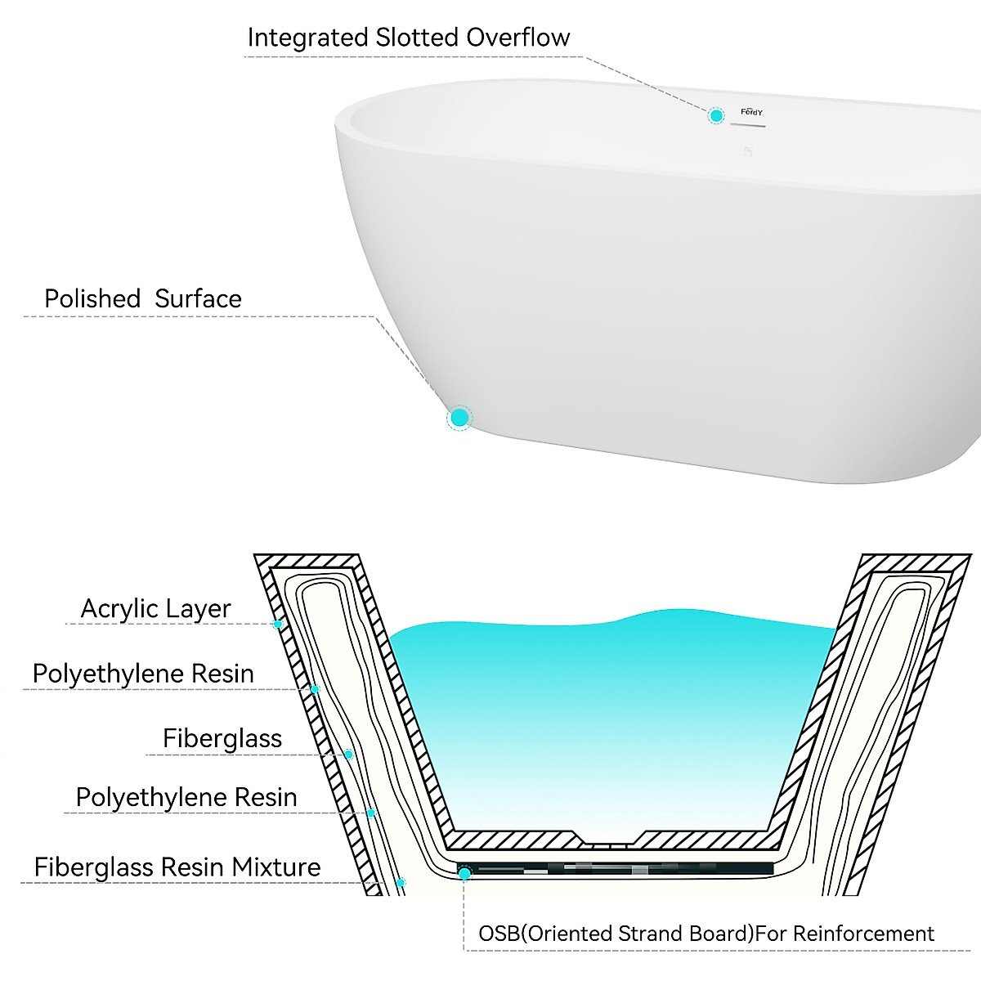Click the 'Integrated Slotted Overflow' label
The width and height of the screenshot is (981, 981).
(x=408, y=38)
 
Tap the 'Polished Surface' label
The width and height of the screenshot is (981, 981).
(x=143, y=299)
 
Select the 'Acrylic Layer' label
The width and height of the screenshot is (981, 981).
(x=155, y=609)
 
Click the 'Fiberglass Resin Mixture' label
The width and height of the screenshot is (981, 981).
(x=177, y=867)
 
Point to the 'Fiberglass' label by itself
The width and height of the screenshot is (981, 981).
(x=222, y=739)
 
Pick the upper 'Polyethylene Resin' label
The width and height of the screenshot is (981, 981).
(x=143, y=674)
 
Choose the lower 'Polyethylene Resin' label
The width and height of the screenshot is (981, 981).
(x=186, y=798)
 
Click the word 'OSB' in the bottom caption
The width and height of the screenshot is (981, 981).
(x=498, y=934)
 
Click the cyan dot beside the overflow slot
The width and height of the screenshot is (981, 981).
(x=716, y=115)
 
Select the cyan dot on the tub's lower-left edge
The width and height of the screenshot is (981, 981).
(x=459, y=418)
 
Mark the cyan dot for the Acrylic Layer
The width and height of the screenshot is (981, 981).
(x=278, y=625)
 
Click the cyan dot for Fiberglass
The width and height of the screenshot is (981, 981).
(x=348, y=755)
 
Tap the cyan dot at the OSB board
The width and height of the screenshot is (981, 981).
(x=464, y=874)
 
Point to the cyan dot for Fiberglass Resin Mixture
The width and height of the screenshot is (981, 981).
(x=400, y=883)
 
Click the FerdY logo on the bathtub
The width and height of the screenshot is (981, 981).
(x=751, y=112)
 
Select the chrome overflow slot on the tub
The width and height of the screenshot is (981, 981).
(x=747, y=125)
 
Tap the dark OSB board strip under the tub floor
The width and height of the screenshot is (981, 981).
(x=621, y=868)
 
